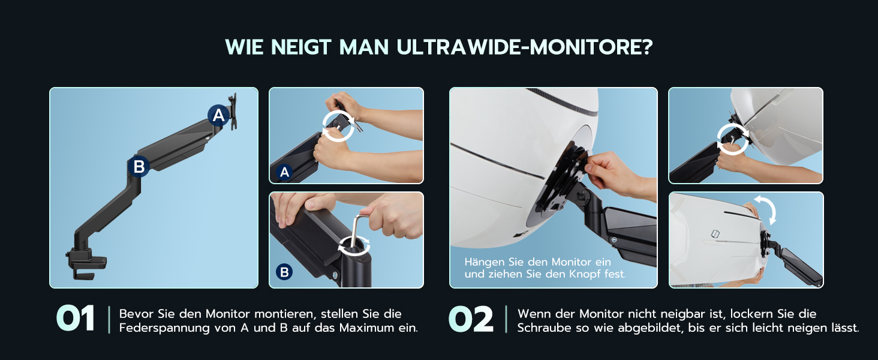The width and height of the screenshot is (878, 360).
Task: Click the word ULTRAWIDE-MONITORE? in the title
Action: click(x=524, y=47)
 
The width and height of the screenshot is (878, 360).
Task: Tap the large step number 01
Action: click(x=75, y=319)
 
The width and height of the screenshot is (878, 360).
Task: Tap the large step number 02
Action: click(x=471, y=319)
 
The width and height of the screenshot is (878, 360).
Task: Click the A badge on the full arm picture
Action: click(x=218, y=115)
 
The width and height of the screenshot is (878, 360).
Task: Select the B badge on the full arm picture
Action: click(x=139, y=166)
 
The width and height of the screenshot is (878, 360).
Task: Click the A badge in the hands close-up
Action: click(x=284, y=172)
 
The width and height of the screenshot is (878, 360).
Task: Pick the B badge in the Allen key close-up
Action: click(x=284, y=272)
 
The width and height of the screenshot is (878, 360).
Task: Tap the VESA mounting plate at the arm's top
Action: click(x=233, y=111)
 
